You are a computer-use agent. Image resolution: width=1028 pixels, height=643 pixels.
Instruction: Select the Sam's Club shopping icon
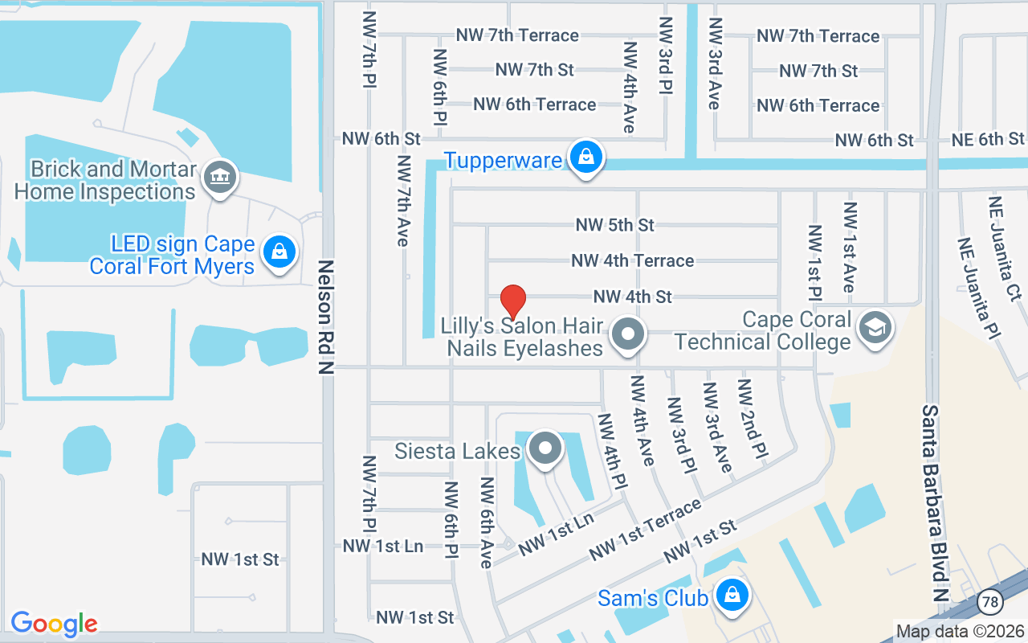point(732,596)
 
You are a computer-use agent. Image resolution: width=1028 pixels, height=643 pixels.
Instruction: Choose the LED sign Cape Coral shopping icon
point(279,252)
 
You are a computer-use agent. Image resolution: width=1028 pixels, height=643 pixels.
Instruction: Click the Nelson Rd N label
point(325,315)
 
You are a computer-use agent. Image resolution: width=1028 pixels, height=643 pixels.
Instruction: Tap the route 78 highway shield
point(989,601)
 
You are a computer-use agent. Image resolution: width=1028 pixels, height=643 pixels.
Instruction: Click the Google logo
point(54,624)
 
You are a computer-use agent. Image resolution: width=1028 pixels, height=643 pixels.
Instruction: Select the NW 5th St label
point(614,225)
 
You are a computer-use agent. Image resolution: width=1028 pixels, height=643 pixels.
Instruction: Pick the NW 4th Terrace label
point(633,260)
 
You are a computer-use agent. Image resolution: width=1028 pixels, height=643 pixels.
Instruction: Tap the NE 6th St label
point(988,139)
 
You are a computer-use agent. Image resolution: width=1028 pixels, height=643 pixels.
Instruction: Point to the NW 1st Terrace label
point(645,530)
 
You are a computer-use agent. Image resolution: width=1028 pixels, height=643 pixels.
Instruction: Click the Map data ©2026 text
point(960,630)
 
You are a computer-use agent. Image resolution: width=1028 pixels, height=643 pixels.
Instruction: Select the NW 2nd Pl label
point(754,420)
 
